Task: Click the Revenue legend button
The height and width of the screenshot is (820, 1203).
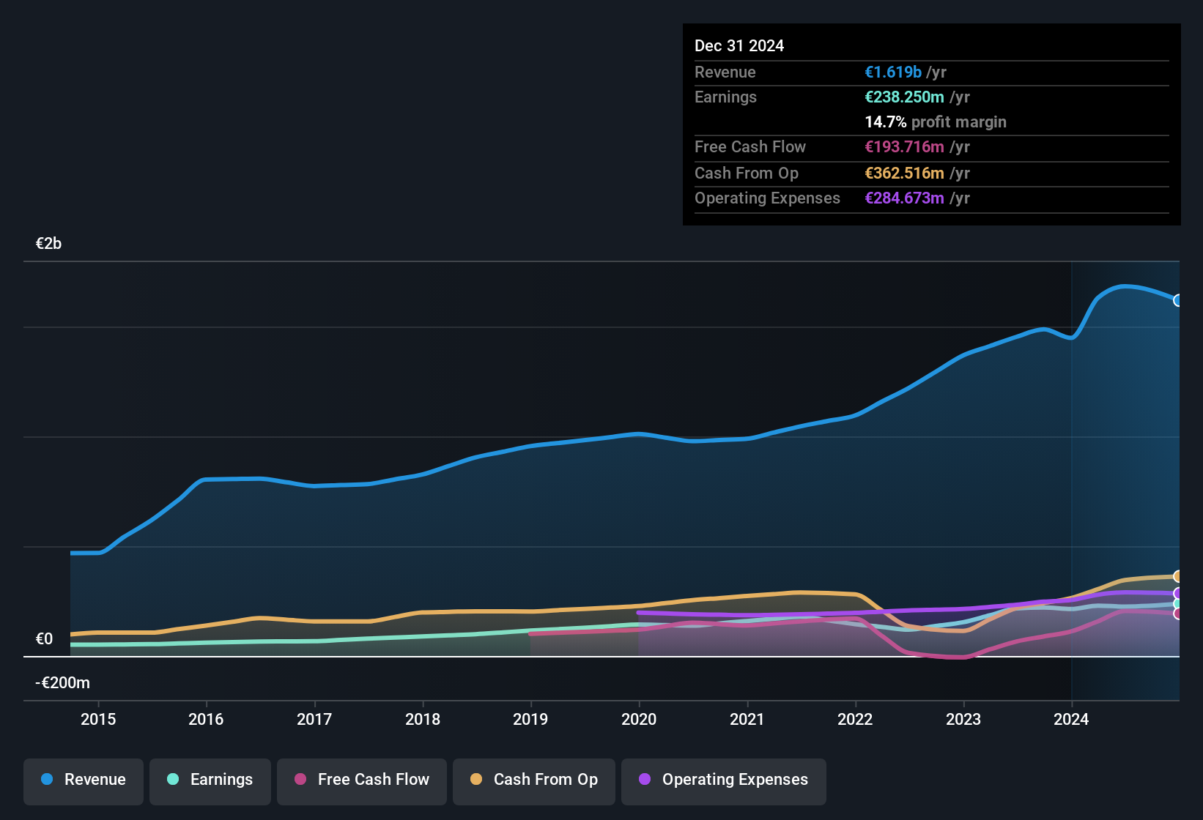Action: tap(84, 780)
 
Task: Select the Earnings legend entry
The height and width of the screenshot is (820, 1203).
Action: tap(210, 780)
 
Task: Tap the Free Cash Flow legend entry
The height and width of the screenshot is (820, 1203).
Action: tap(362, 780)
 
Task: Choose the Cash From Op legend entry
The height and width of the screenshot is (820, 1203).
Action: tap(534, 780)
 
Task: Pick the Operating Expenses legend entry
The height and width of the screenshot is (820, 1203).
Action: tap(724, 780)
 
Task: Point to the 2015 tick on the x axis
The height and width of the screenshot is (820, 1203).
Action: tap(98, 719)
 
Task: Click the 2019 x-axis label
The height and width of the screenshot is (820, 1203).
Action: tap(530, 719)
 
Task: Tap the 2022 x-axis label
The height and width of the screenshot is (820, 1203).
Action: tap(855, 719)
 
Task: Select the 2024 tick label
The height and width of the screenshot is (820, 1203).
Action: tap(1071, 719)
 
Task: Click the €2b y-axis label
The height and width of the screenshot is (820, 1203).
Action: tap(48, 244)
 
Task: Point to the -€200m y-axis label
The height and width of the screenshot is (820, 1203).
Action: tap(62, 683)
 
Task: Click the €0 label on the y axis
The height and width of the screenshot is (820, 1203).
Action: tap(44, 639)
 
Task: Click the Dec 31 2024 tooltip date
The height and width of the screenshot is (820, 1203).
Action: tap(739, 46)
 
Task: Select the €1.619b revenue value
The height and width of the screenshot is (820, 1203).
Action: tap(892, 72)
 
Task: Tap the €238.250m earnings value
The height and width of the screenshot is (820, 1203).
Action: tap(904, 97)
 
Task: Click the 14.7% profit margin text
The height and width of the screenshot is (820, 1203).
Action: tap(935, 122)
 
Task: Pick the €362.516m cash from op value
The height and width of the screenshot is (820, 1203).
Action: tap(904, 174)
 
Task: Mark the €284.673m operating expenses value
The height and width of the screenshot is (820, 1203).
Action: tap(904, 198)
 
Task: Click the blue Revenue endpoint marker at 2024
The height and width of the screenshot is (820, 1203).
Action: tap(1178, 300)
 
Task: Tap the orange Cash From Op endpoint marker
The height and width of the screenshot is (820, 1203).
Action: tap(1178, 576)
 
